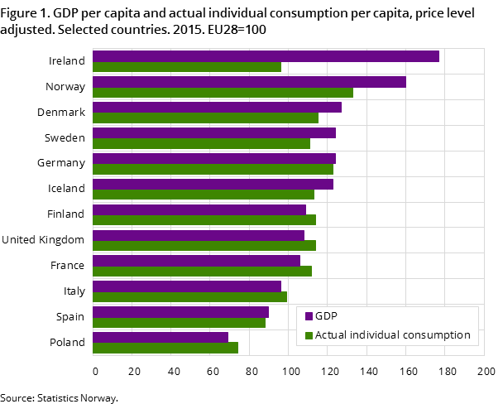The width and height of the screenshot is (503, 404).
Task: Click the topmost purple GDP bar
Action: coord(265,56)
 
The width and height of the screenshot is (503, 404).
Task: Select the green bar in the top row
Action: coord(186,67)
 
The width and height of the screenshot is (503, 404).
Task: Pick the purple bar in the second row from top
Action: coord(248,82)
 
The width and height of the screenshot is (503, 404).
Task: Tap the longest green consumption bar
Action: coord(222,93)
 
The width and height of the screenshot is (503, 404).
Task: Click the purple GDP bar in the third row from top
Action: coord(216,108)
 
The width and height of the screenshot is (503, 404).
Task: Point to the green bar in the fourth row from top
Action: coord(201,144)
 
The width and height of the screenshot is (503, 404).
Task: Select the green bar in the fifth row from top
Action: coord(213,170)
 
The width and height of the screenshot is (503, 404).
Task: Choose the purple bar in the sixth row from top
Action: coord(213,185)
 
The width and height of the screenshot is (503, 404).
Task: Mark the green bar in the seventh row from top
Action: coord(204,220)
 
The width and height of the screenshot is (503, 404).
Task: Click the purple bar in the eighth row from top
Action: coord(198,236)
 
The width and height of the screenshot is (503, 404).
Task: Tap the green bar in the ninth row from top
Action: coord(202,272)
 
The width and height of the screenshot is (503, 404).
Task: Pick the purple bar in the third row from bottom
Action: coord(186,286)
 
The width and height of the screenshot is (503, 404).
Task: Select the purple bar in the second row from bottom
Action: coord(180,312)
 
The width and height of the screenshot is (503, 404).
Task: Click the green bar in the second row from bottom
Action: coord(179,323)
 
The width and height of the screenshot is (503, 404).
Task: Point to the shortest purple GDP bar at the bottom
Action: coord(160,338)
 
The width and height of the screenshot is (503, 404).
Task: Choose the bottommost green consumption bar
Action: coord(165,349)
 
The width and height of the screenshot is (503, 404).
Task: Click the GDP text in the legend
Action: coord(326,316)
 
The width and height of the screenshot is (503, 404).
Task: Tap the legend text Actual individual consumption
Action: coord(392,335)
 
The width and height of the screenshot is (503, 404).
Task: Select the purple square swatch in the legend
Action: coord(309,316)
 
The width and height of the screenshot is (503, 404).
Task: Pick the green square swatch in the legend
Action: coord(309,335)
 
